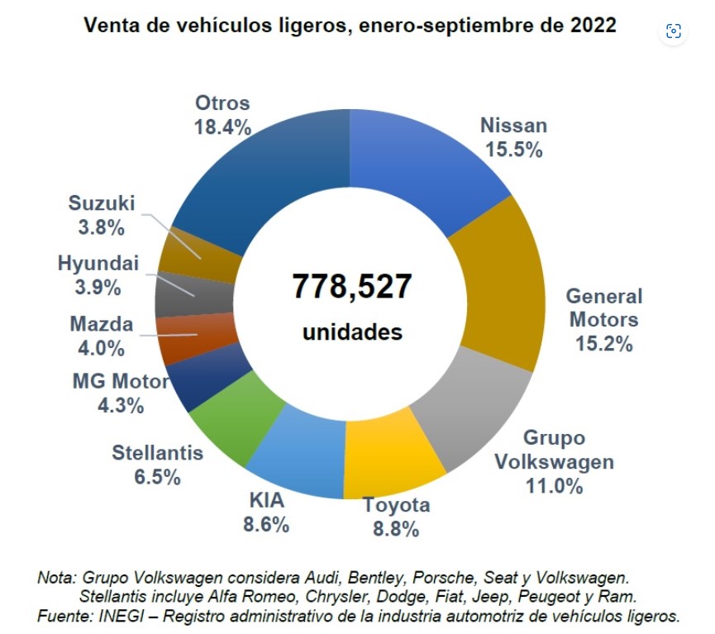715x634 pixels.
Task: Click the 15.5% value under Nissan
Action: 513,150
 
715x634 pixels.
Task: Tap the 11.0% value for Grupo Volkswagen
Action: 554,485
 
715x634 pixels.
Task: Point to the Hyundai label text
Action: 98,264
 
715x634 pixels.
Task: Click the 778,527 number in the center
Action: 351,287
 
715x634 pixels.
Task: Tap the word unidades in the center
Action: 352,332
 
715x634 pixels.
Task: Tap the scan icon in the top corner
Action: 674,31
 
